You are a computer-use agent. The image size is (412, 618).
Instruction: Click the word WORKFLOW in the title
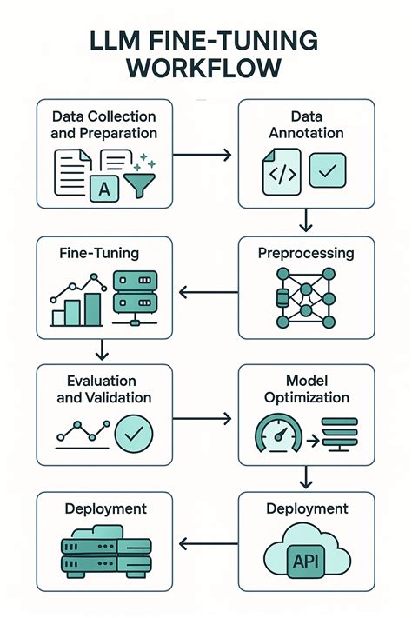coord(204,68)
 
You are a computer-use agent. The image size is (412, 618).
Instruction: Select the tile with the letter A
coord(104,189)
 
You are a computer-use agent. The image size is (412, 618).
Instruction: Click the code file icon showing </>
coord(282,172)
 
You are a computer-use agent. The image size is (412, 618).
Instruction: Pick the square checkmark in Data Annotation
coord(328,170)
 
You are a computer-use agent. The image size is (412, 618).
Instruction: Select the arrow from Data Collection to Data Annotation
coord(202,155)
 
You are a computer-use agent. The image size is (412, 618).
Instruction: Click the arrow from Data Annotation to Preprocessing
coord(306,220)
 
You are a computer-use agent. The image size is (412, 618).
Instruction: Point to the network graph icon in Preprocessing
coord(306,297)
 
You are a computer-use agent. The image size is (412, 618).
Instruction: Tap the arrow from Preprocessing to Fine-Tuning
coord(208,292)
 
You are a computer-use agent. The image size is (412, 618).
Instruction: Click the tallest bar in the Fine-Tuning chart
coord(93,309)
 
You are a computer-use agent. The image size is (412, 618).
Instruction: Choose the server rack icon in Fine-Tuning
coord(135,298)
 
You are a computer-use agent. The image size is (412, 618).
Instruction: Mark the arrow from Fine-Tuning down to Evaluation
coord(102,349)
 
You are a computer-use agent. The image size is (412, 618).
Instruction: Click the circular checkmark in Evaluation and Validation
coord(134,434)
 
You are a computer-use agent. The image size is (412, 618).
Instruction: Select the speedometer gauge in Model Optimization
coord(279,432)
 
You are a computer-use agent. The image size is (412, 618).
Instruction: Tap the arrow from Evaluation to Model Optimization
coord(202,419)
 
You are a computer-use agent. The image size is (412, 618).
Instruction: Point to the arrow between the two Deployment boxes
coord(208,544)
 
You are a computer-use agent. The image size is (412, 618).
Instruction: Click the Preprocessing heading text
coord(306,254)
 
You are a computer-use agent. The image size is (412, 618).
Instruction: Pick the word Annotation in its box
coord(306,133)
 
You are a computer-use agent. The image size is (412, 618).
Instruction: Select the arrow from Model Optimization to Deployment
coord(306,477)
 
